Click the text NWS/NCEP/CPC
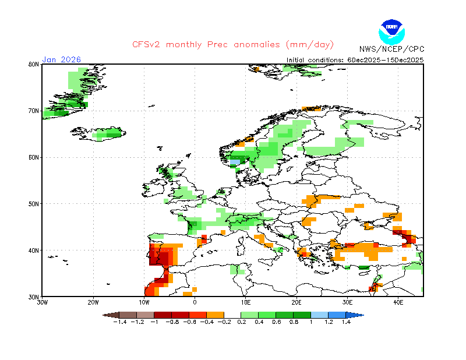pos(391,49)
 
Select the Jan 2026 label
pos(61,59)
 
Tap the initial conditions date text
pos(355,59)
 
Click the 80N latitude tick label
pos(34,64)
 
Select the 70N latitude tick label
pos(34,111)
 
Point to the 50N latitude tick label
pos(34,204)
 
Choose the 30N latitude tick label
pos(34,297)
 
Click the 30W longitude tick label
pos(42,303)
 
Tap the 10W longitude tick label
pos(144,303)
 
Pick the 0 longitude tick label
pos(195,303)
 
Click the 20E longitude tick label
pos(296,303)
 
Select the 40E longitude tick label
pos(398,303)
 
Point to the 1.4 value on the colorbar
pos(346,322)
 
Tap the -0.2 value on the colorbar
pos(224,322)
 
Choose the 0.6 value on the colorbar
pos(277,322)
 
